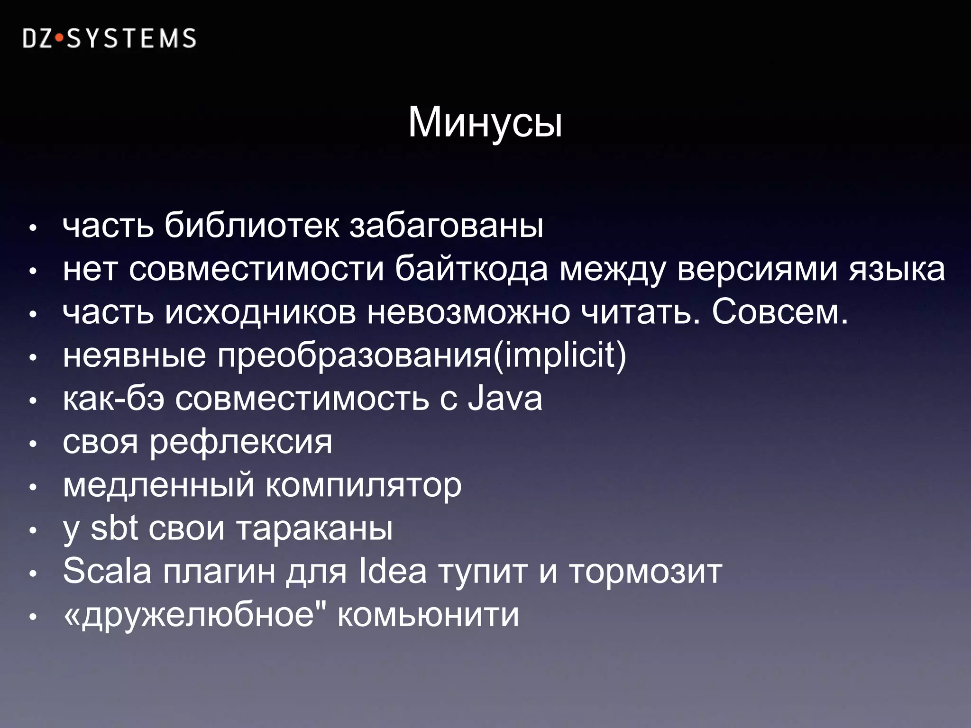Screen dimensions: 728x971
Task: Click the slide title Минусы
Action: click(x=485, y=123)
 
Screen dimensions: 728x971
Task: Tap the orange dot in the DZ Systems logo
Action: click(x=59, y=39)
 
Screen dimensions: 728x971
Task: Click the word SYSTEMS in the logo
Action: click(x=131, y=39)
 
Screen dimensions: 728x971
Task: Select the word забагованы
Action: click(x=446, y=226)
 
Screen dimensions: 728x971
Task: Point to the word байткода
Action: click(x=471, y=269)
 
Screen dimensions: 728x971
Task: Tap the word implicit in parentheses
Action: click(x=559, y=355)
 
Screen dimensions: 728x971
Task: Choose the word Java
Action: click(x=505, y=399)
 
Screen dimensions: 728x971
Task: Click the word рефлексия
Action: click(x=241, y=443)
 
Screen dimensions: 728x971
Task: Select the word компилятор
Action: click(x=363, y=486)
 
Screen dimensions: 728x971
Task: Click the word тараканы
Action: click(x=314, y=529)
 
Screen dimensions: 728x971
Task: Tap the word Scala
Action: click(x=107, y=571)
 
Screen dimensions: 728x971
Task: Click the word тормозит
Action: click(x=646, y=572)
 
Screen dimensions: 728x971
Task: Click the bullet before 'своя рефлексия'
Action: click(x=33, y=445)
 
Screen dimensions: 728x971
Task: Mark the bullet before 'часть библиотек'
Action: click(x=33, y=228)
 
